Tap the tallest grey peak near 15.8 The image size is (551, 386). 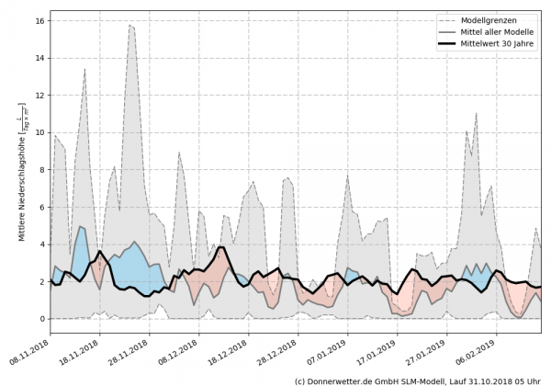tap(130, 26)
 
